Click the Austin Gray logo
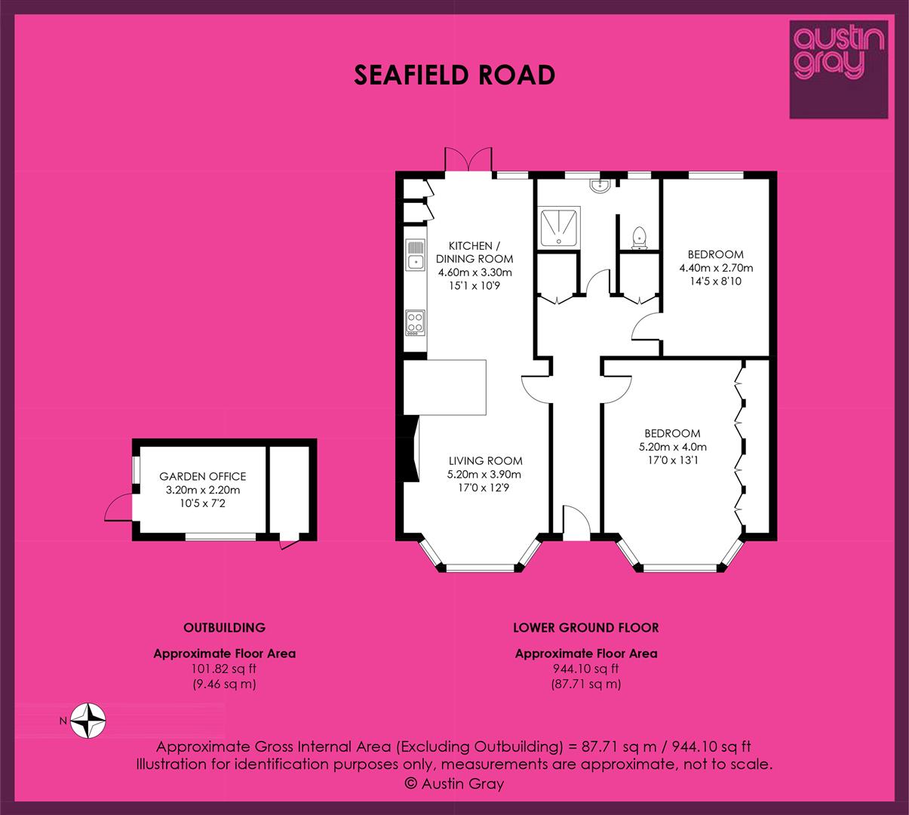[839, 69]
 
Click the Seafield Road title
[454, 75]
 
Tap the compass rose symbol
[88, 721]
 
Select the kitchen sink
[416, 255]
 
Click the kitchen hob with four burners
[415, 323]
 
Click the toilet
[638, 238]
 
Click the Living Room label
[486, 460]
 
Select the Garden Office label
[203, 476]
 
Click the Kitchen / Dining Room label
[474, 252]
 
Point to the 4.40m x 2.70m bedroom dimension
[716, 268]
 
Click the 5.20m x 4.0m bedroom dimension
[673, 447]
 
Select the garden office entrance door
[119, 507]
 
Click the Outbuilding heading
[224, 627]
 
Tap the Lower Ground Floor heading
[586, 627]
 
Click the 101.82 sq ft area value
[224, 669]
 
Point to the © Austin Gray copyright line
[454, 783]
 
